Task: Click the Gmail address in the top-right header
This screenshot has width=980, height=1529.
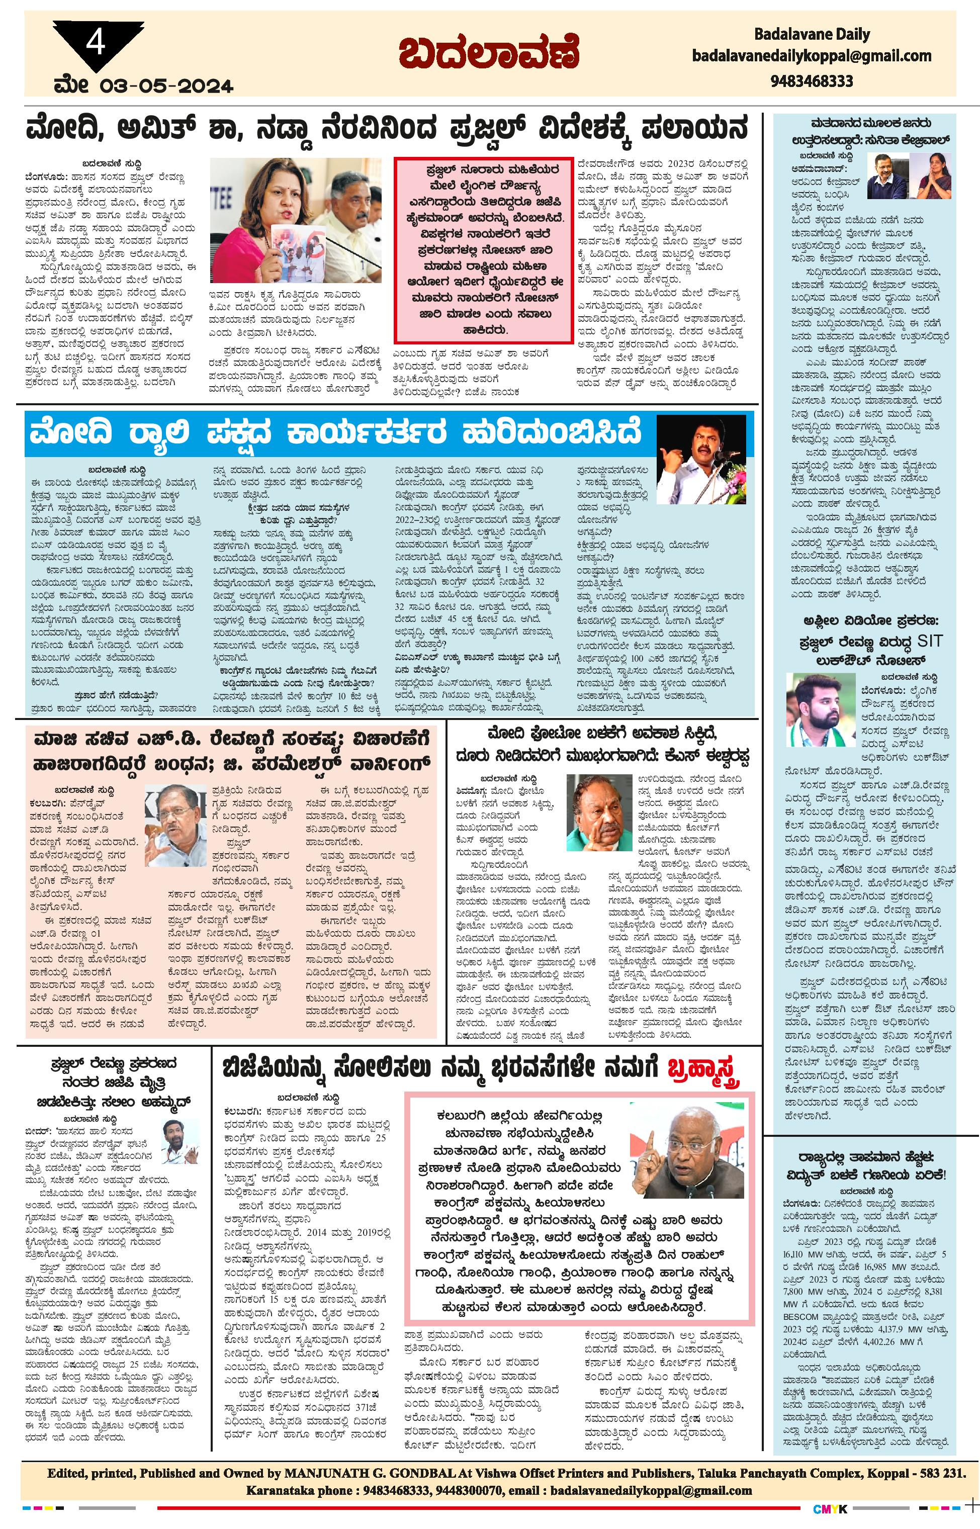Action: pyautogui.click(x=812, y=57)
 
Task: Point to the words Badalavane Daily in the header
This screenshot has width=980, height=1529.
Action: pyautogui.click(x=812, y=34)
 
